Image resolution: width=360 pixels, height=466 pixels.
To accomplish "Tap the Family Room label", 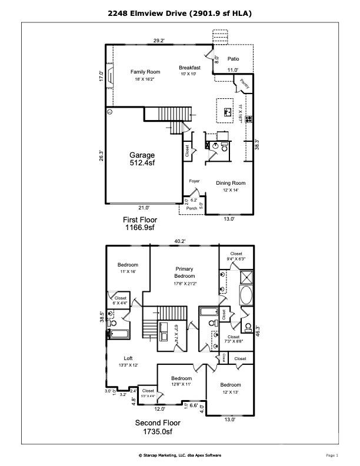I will (145, 72).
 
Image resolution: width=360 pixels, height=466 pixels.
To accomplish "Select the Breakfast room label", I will (189, 68).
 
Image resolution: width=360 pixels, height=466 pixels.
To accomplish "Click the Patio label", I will (233, 59).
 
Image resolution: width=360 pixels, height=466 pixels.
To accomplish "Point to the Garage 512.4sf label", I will (142, 159).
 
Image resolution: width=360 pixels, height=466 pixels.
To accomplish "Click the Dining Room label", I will (230, 183).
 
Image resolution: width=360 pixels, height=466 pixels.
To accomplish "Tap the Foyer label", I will (194, 181).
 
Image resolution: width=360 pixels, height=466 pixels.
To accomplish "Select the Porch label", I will (191, 209).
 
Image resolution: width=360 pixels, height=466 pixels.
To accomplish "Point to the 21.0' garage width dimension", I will (144, 207).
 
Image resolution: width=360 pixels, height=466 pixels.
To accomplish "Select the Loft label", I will (128, 358).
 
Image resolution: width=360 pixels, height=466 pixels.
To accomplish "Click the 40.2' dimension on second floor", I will (179, 241).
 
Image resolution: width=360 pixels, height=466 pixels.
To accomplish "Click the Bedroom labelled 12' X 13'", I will (231, 388).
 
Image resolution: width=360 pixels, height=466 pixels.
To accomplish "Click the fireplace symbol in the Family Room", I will (109, 76).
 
